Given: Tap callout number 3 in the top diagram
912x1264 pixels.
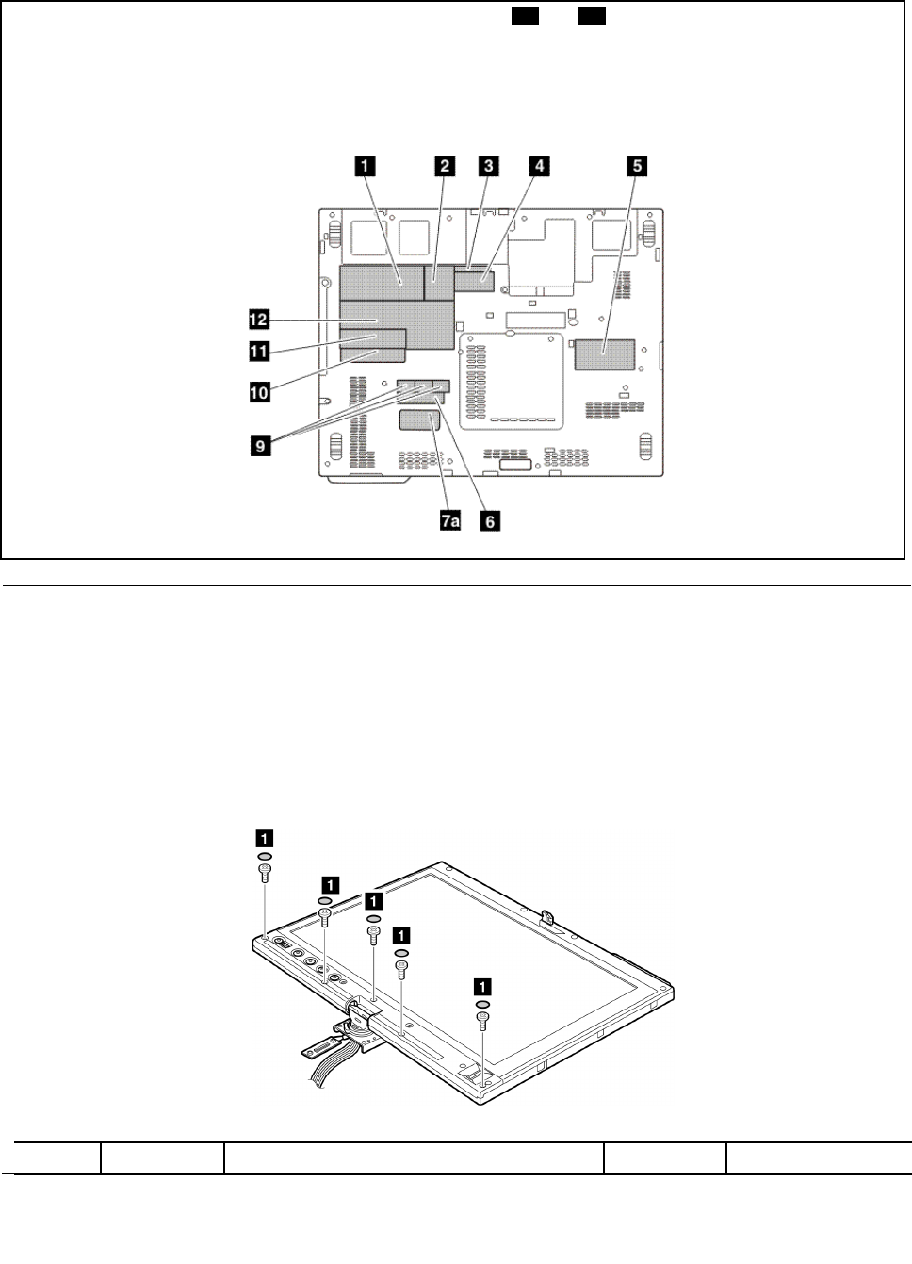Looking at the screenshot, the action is tap(487, 166).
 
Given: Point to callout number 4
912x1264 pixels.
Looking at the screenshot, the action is tap(538, 166).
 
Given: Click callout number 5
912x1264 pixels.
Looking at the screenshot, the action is tap(638, 166).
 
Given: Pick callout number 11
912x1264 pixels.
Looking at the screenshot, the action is tap(259, 353).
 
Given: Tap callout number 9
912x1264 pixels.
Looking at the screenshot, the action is tap(259, 445).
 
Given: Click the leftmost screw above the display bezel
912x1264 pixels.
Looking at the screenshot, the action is tap(266, 873).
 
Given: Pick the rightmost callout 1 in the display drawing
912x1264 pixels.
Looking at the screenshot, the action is tap(482, 987).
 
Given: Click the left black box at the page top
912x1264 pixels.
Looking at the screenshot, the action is tap(525, 17).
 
